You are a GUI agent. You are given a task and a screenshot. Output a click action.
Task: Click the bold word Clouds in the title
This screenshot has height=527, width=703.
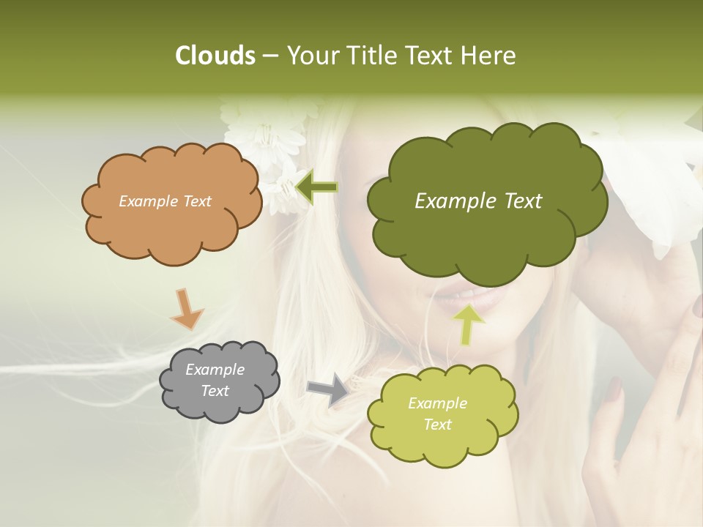pos(215,56)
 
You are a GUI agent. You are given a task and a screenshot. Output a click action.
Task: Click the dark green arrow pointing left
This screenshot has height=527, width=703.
pos(316,187)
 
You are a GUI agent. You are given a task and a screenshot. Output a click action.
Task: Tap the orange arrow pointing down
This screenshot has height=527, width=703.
pos(186,309)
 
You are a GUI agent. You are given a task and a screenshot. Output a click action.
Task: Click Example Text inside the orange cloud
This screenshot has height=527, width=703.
pos(165,201)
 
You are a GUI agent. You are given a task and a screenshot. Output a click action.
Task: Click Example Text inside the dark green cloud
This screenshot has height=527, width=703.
pos(478,201)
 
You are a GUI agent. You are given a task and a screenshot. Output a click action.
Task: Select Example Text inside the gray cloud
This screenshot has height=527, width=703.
pos(215,381)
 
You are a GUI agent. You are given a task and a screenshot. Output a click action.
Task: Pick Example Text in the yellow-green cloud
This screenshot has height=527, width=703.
pos(437,414)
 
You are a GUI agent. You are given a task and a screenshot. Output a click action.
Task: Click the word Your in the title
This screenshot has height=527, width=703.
pos(310,56)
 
